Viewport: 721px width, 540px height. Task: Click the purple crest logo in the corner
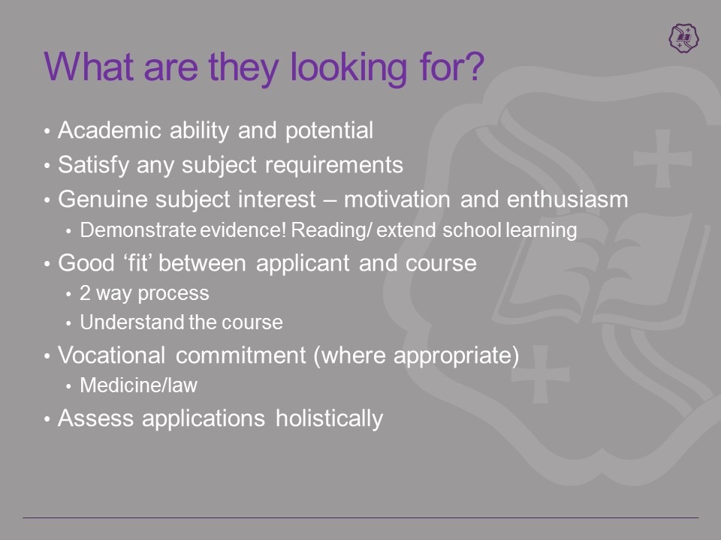683,37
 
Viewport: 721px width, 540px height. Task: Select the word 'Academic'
110,130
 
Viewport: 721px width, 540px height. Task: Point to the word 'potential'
329,131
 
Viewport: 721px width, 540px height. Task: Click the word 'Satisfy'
93,165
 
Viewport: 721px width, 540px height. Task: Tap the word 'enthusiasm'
568,199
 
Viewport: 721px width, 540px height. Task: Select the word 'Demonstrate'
138,230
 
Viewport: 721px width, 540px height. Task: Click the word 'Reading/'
331,230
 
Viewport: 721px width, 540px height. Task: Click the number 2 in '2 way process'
85,293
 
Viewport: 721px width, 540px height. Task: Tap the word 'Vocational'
111,355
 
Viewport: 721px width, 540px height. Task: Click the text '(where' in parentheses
350,355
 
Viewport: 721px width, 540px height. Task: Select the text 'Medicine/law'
138,385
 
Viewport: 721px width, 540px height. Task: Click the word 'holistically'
329,418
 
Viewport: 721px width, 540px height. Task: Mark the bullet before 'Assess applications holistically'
47,418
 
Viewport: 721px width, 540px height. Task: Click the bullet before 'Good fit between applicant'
47,263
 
